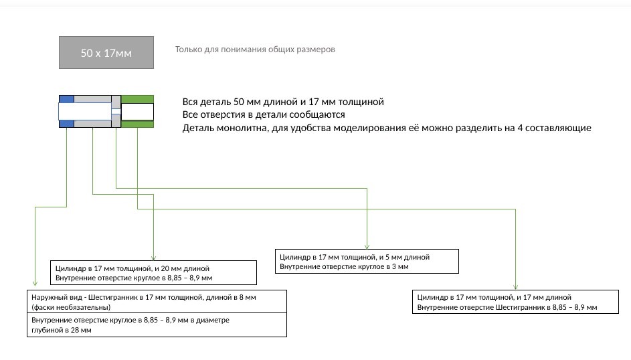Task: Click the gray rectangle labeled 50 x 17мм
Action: click(106, 52)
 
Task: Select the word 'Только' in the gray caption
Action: click(188, 50)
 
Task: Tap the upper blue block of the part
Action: click(66, 99)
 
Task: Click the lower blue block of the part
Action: click(66, 123)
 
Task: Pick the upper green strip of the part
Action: click(137, 99)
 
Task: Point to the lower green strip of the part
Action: click(137, 124)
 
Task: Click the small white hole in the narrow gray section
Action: click(116, 112)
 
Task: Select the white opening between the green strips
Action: click(137, 111)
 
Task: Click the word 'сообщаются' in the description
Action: click(320, 115)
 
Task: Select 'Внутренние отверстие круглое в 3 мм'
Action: click(344, 266)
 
